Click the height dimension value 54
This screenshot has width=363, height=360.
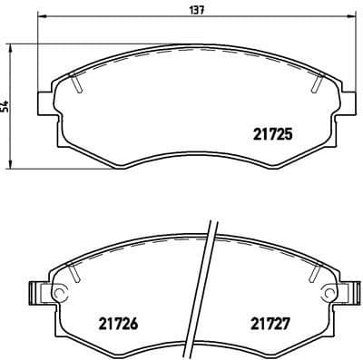click(x=6, y=107)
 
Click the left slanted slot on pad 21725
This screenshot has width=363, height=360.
click(x=78, y=84)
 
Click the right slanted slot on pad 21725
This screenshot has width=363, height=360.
click(x=315, y=84)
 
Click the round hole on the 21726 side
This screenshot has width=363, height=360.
click(x=59, y=294)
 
